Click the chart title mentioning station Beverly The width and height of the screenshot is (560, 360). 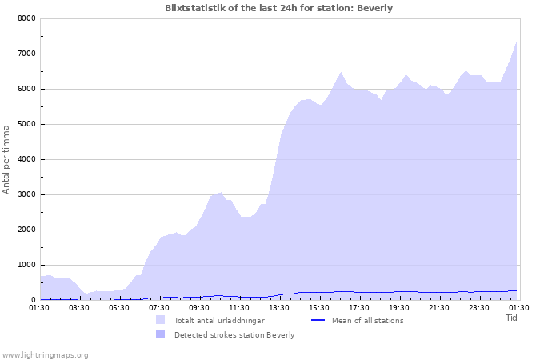[x=278, y=8]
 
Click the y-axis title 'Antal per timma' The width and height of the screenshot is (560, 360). [x=7, y=158]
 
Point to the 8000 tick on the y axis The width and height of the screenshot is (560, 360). [x=26, y=18]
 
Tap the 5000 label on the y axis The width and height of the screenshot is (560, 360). [x=26, y=124]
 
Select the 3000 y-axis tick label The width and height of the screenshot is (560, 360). [x=26, y=194]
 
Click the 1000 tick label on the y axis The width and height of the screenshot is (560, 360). [x=26, y=265]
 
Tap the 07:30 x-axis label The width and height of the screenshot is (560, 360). [x=159, y=307]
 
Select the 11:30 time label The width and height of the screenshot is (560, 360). [x=239, y=307]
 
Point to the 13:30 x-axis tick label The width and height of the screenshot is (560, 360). [x=279, y=307]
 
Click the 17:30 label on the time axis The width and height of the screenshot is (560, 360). [x=359, y=307]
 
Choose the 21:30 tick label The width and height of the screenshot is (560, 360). [x=439, y=307]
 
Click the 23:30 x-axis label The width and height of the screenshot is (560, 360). [x=479, y=307]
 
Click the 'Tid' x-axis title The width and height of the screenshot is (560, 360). [x=512, y=318]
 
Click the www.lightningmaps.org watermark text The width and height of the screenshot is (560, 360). [x=45, y=354]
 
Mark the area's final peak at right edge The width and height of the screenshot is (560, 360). [x=517, y=42]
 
